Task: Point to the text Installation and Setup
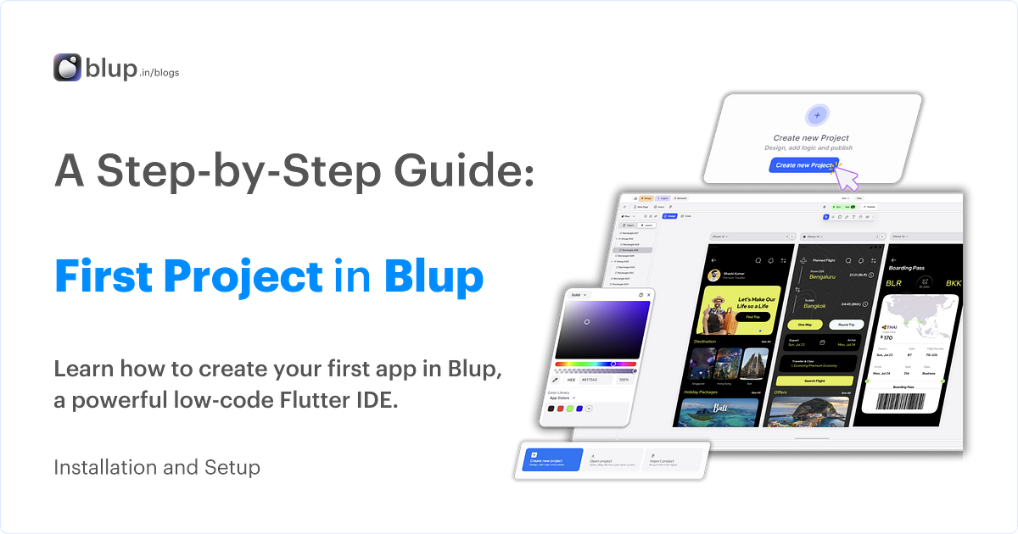(x=158, y=467)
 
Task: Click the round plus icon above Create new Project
(x=817, y=115)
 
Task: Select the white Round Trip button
(x=846, y=325)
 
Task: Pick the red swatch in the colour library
(x=560, y=409)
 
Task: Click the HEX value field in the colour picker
(x=590, y=380)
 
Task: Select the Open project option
(x=612, y=459)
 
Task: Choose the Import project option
(x=672, y=459)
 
